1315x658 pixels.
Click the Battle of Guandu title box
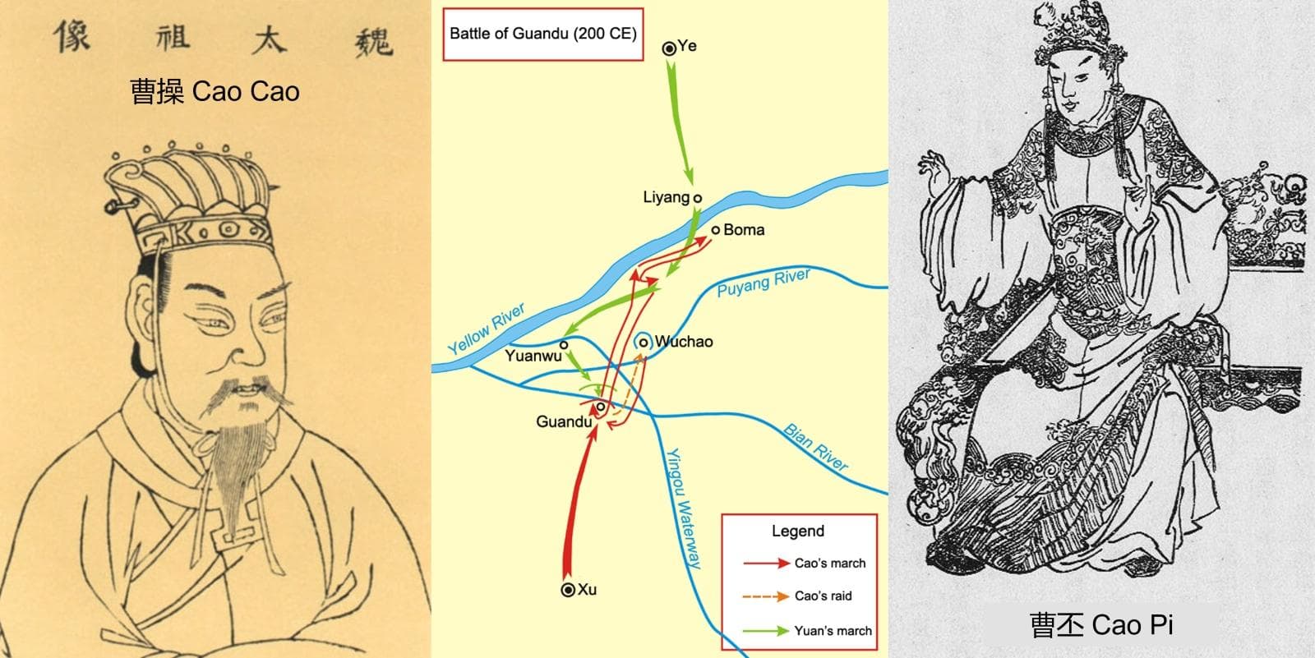[542, 35]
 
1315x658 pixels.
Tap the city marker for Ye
[669, 48]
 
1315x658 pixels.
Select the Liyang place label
[666, 197]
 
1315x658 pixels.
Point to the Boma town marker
[716, 230]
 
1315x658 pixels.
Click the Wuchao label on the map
[683, 342]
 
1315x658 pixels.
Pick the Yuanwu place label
[533, 356]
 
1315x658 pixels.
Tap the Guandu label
[563, 421]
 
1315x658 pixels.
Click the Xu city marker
[567, 590]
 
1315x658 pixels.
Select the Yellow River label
[487, 329]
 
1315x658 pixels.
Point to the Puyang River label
[764, 283]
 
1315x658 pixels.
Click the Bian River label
[815, 448]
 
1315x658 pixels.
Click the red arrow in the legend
[766, 564]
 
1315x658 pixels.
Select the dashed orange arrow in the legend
[766, 596]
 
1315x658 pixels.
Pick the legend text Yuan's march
[833, 631]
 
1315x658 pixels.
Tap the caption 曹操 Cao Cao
[215, 91]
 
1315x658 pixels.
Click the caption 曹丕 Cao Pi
[1100, 624]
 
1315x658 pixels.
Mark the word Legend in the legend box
[797, 531]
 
